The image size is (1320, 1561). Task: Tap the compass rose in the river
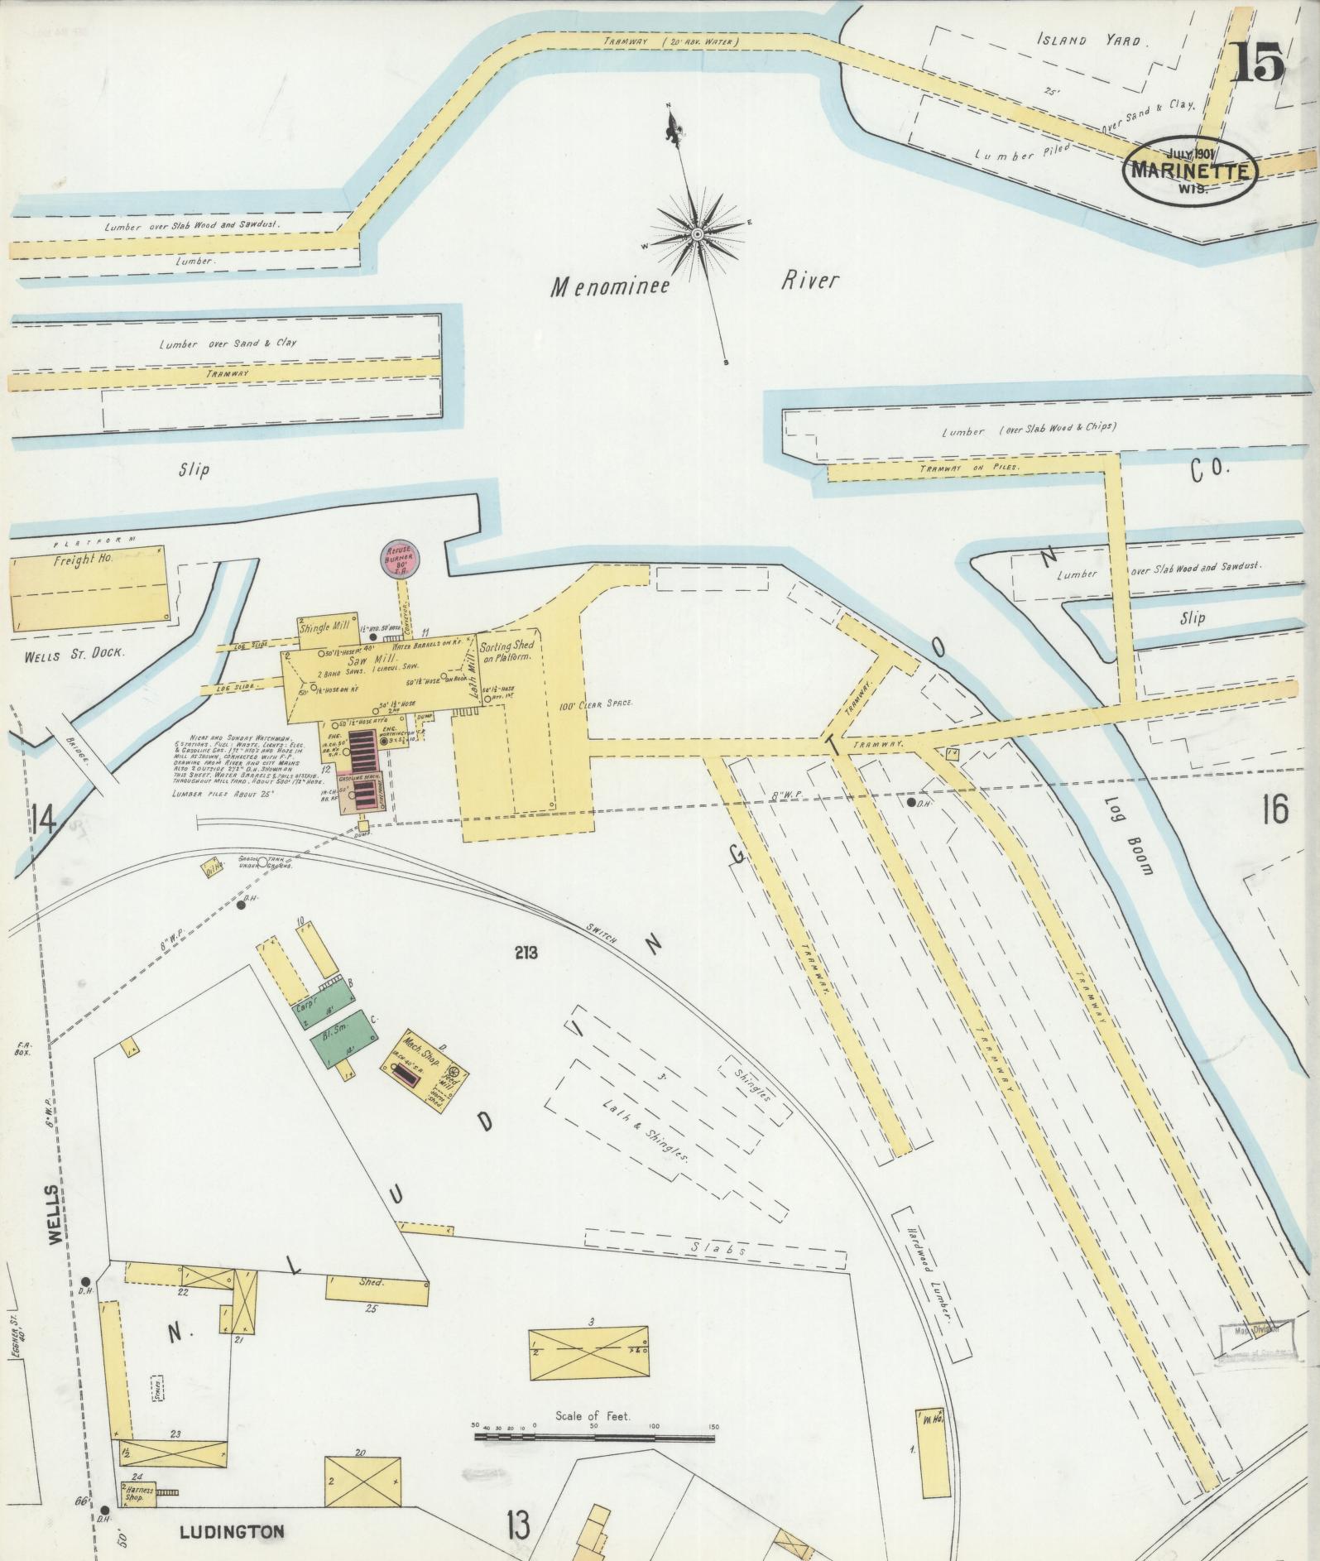click(697, 234)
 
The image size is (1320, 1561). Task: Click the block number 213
click(525, 953)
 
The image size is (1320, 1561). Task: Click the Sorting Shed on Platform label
click(506, 651)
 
